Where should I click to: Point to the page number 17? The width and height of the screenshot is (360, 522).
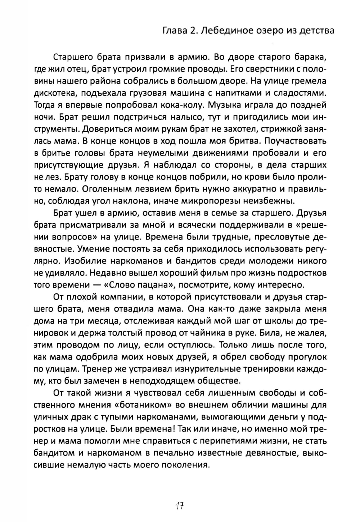[180, 506]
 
